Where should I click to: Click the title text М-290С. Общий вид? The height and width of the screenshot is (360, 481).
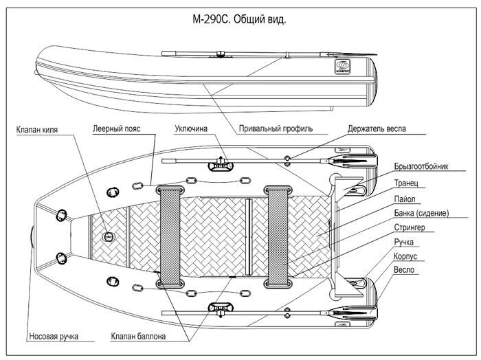coord(239,19)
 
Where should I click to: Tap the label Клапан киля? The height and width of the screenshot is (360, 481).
coord(37,130)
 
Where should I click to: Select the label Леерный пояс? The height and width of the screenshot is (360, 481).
coord(117,128)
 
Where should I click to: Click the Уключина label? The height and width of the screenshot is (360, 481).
coord(191,128)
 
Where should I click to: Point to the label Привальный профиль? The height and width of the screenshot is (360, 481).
coord(276,128)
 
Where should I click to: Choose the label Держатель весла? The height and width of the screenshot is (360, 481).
coord(377,128)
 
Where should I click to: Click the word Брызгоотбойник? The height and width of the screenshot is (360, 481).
coord(421,166)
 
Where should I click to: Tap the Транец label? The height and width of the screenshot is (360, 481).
coord(406,183)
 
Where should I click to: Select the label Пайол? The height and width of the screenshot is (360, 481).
coord(405,199)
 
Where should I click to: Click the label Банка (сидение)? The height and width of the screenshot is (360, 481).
coord(421,213)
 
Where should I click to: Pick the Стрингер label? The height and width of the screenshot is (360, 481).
coord(410,227)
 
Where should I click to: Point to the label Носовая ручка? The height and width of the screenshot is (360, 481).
coord(54,337)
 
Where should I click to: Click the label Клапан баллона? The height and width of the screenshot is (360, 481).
coord(138,337)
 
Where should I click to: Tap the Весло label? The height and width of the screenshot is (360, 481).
coord(404,270)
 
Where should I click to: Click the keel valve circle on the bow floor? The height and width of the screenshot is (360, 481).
coord(109,236)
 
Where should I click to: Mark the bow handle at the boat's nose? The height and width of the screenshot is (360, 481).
coord(32,237)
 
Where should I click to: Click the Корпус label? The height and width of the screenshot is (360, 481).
coord(405,256)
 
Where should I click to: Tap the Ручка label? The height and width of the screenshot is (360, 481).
coord(404,242)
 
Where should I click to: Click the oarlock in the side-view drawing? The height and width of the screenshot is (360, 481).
coord(221,54)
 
